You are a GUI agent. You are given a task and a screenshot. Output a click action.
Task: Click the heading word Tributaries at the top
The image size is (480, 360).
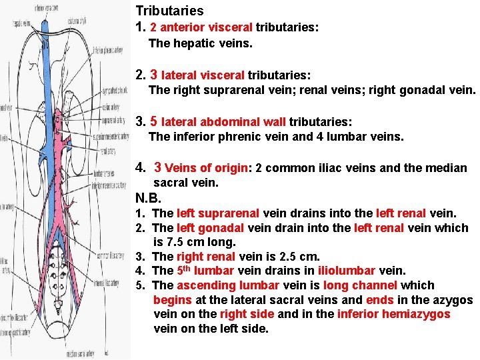point(169,11)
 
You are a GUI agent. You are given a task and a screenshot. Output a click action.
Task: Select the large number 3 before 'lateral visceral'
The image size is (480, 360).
point(153,74)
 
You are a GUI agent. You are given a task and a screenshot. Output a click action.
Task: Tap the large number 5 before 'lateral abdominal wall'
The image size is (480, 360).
point(153,121)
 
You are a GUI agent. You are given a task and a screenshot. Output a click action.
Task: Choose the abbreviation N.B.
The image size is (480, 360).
point(148,198)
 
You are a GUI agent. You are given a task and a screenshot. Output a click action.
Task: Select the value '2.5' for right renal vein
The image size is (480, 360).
point(273,257)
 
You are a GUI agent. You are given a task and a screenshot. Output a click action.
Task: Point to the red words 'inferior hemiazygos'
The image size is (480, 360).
point(394,314)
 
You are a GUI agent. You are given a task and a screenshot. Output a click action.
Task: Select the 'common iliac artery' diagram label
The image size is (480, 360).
point(108,255)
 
